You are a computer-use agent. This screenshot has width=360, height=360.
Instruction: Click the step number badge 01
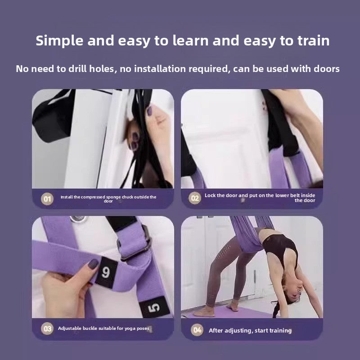click(47, 198)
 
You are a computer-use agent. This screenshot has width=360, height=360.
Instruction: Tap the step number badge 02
click(195, 198)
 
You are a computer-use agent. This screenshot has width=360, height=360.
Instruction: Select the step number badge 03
click(47, 328)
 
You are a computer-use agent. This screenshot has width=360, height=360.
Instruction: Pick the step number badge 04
click(197, 330)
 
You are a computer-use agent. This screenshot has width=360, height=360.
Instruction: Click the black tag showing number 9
click(106, 273)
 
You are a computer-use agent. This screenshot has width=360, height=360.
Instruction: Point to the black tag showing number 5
click(154, 308)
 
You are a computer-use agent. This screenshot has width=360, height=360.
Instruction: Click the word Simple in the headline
click(59, 41)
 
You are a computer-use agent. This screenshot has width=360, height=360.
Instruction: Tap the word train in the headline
click(313, 40)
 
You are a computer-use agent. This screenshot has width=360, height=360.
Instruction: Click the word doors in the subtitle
click(327, 69)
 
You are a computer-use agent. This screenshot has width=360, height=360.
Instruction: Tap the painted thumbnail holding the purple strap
click(93, 264)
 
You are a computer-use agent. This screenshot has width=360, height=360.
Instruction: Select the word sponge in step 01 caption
click(113, 197)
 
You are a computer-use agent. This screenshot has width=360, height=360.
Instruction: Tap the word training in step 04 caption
click(280, 331)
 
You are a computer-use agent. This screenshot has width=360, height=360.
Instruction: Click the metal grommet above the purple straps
click(78, 219)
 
